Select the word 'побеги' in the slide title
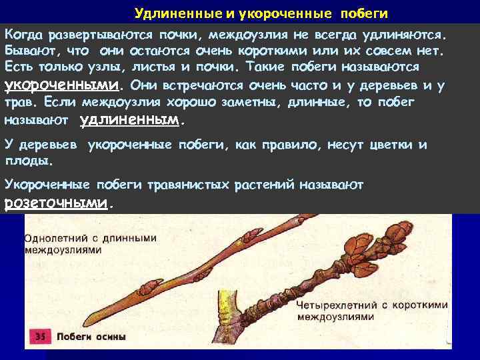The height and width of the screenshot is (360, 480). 364,13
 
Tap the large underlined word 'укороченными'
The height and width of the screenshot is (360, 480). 63,86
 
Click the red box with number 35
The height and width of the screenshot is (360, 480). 41,337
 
